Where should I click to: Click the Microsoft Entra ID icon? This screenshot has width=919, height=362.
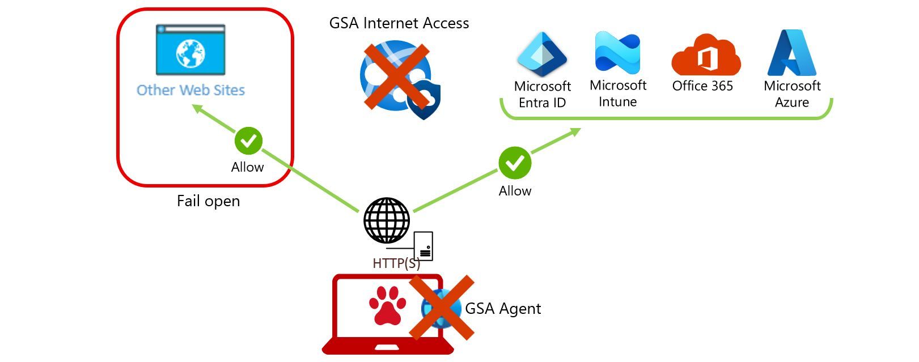click(542, 54)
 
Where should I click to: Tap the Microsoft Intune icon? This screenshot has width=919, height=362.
click(617, 53)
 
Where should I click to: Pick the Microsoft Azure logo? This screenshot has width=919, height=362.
click(792, 53)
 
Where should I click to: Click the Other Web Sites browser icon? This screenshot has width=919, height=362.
click(190, 50)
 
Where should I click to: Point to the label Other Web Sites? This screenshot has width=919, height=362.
click(190, 90)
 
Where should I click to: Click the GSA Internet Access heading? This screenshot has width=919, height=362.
click(399, 23)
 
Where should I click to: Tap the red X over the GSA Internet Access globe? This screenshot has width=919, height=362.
click(397, 76)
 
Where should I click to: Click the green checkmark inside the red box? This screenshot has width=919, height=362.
click(249, 140)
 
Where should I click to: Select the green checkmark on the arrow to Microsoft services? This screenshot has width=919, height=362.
click(515, 163)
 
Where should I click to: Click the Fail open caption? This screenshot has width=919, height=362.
click(208, 201)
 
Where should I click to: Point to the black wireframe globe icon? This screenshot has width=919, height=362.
click(387, 220)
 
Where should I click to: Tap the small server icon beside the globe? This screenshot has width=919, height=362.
click(423, 246)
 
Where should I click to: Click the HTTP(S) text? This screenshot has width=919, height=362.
click(396, 263)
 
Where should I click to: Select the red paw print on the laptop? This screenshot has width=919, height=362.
click(387, 305)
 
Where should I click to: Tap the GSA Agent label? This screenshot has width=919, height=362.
click(503, 308)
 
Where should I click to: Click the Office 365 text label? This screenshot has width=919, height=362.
click(702, 86)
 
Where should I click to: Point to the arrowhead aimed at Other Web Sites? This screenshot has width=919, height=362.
click(198, 108)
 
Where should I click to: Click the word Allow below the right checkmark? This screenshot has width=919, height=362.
click(515, 191)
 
